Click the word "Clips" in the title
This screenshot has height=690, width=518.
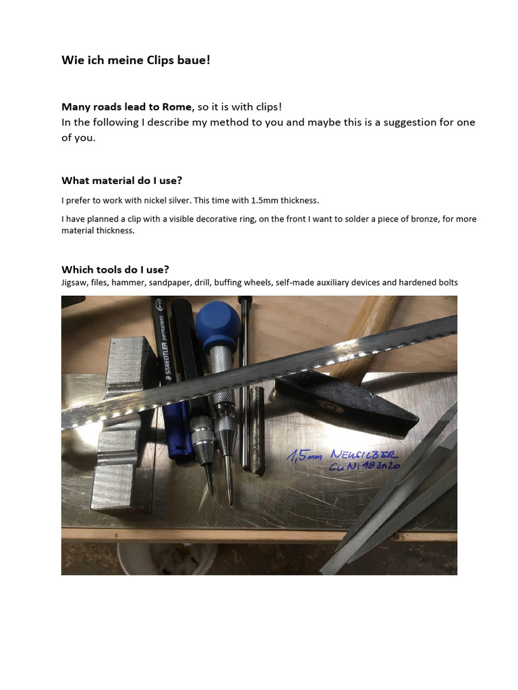coord(163,60)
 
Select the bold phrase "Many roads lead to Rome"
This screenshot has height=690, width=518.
coord(126,106)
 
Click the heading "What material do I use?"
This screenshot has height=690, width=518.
coord(121,181)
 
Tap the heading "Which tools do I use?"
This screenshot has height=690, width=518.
coord(115,270)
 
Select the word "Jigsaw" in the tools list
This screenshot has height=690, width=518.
coord(74,282)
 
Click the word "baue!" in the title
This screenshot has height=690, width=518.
coord(196,60)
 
